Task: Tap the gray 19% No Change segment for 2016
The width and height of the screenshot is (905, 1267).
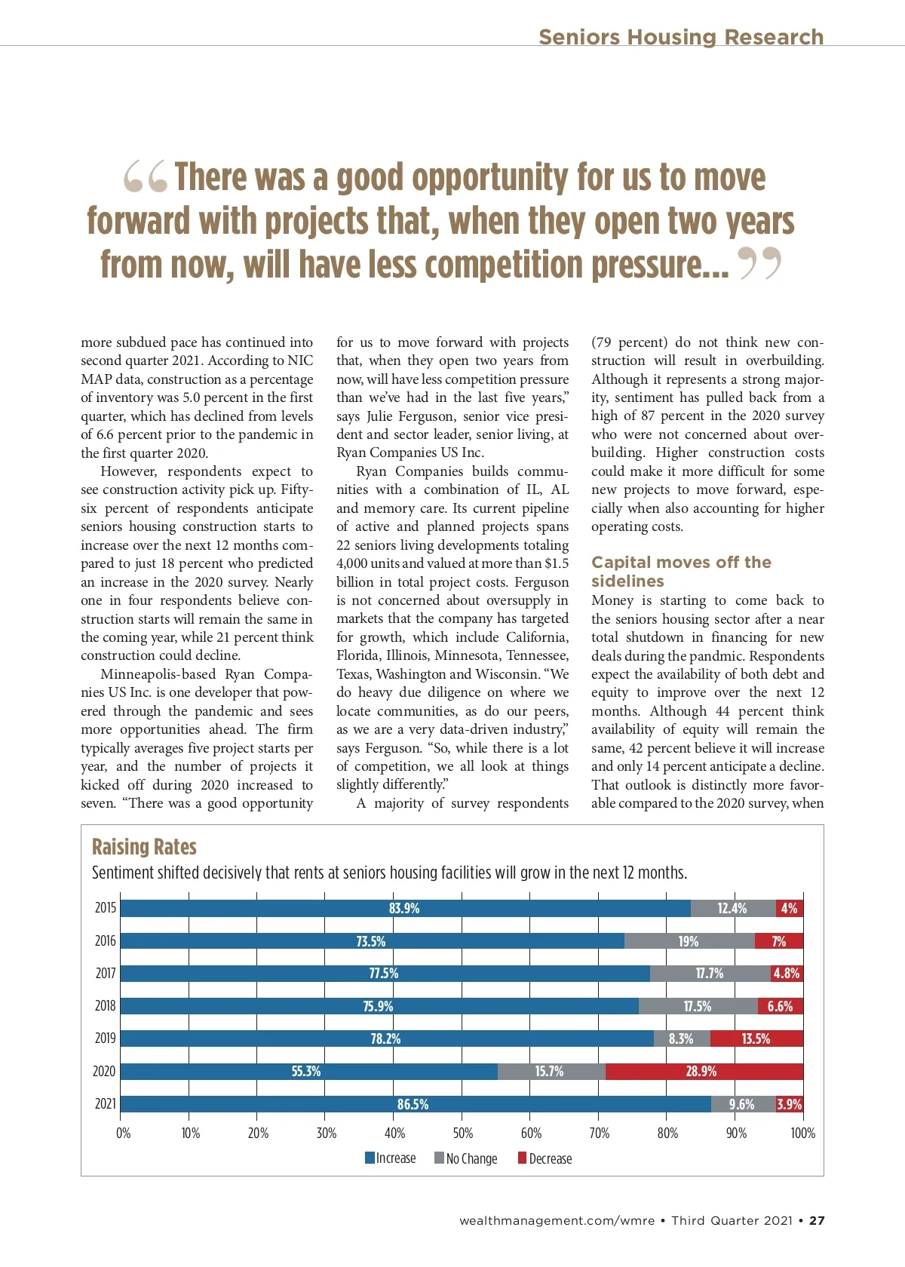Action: [689, 941]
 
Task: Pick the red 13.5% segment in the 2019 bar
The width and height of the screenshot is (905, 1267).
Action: [756, 1038]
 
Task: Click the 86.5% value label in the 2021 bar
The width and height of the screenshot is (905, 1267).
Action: [413, 1104]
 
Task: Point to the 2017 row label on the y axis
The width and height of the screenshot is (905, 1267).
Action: [106, 973]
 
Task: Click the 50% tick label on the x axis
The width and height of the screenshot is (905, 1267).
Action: [462, 1133]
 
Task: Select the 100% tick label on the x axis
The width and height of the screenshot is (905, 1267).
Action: [802, 1133]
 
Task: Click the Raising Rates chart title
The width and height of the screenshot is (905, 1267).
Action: [144, 847]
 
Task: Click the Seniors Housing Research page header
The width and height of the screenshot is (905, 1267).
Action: [681, 37]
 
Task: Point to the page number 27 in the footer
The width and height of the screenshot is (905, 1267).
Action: [818, 1220]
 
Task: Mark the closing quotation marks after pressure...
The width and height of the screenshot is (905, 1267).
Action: [759, 264]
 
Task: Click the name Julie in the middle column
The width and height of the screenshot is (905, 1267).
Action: [380, 416]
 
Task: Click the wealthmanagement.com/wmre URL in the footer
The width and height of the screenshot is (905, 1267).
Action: [557, 1220]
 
